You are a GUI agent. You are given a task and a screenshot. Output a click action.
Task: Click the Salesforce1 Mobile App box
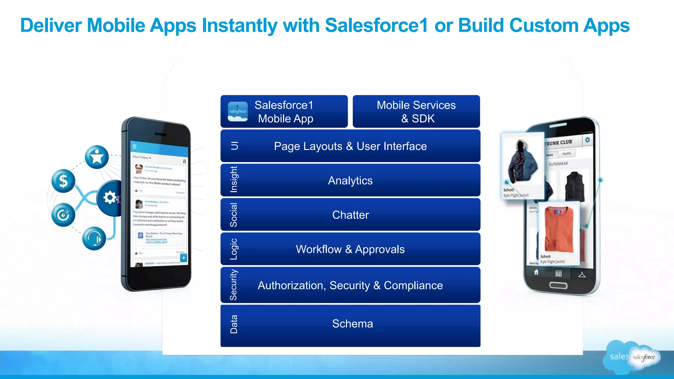284,112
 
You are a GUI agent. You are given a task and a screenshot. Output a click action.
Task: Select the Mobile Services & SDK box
416,112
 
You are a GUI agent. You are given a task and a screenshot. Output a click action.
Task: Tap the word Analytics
350,181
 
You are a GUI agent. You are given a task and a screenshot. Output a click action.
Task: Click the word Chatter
350,215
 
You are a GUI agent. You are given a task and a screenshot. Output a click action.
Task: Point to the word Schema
352,324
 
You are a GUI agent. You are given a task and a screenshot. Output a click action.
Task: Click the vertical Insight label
234,180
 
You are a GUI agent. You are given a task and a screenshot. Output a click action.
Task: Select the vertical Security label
233,285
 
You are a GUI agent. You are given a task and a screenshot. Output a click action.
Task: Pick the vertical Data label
234,324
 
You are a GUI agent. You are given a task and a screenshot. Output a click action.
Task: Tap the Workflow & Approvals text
350,249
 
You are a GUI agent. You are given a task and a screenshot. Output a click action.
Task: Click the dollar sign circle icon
63,181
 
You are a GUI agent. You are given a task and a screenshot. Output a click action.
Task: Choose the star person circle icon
97,157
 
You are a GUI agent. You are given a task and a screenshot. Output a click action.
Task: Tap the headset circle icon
94,239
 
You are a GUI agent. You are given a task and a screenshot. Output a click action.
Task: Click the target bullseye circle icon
63,215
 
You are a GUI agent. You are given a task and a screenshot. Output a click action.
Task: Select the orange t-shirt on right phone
559,229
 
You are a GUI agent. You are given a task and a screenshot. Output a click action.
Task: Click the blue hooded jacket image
522,163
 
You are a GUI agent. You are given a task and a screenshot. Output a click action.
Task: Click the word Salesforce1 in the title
376,25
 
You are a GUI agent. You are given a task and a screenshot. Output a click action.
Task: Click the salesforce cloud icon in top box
238,112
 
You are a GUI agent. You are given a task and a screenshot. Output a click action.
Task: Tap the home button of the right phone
558,285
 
